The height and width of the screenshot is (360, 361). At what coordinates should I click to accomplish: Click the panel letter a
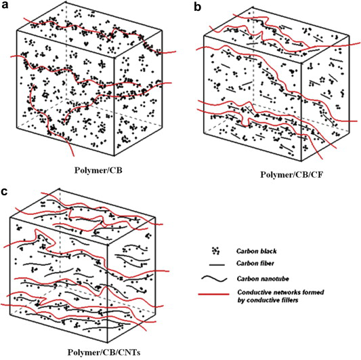coord(5,5)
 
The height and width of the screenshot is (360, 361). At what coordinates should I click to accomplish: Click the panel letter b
coord(198,7)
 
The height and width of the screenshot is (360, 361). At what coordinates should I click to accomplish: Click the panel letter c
coord(5,191)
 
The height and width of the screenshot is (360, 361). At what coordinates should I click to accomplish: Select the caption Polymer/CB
coord(98,170)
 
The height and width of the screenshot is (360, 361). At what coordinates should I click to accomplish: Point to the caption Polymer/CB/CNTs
coord(104,353)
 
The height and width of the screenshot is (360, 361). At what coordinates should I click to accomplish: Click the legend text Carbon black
coord(257,251)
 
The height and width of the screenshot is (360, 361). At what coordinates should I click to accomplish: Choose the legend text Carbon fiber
coord(255,263)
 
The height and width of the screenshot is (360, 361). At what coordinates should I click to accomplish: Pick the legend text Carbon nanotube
coord(263,279)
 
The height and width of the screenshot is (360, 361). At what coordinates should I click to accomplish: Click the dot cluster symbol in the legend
coord(216,251)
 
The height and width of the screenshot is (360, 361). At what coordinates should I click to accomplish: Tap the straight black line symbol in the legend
coord(217,265)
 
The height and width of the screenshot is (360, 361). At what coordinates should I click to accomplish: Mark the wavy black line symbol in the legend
coord(214,279)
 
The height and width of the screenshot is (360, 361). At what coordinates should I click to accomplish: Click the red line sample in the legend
coord(213,294)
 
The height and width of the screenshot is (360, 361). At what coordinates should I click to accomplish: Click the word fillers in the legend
coord(289,300)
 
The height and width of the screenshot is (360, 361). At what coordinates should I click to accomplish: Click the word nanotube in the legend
coord(276,279)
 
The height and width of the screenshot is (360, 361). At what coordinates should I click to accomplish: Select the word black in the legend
coord(268,251)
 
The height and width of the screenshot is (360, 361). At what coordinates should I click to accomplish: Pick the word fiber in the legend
coord(267,263)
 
